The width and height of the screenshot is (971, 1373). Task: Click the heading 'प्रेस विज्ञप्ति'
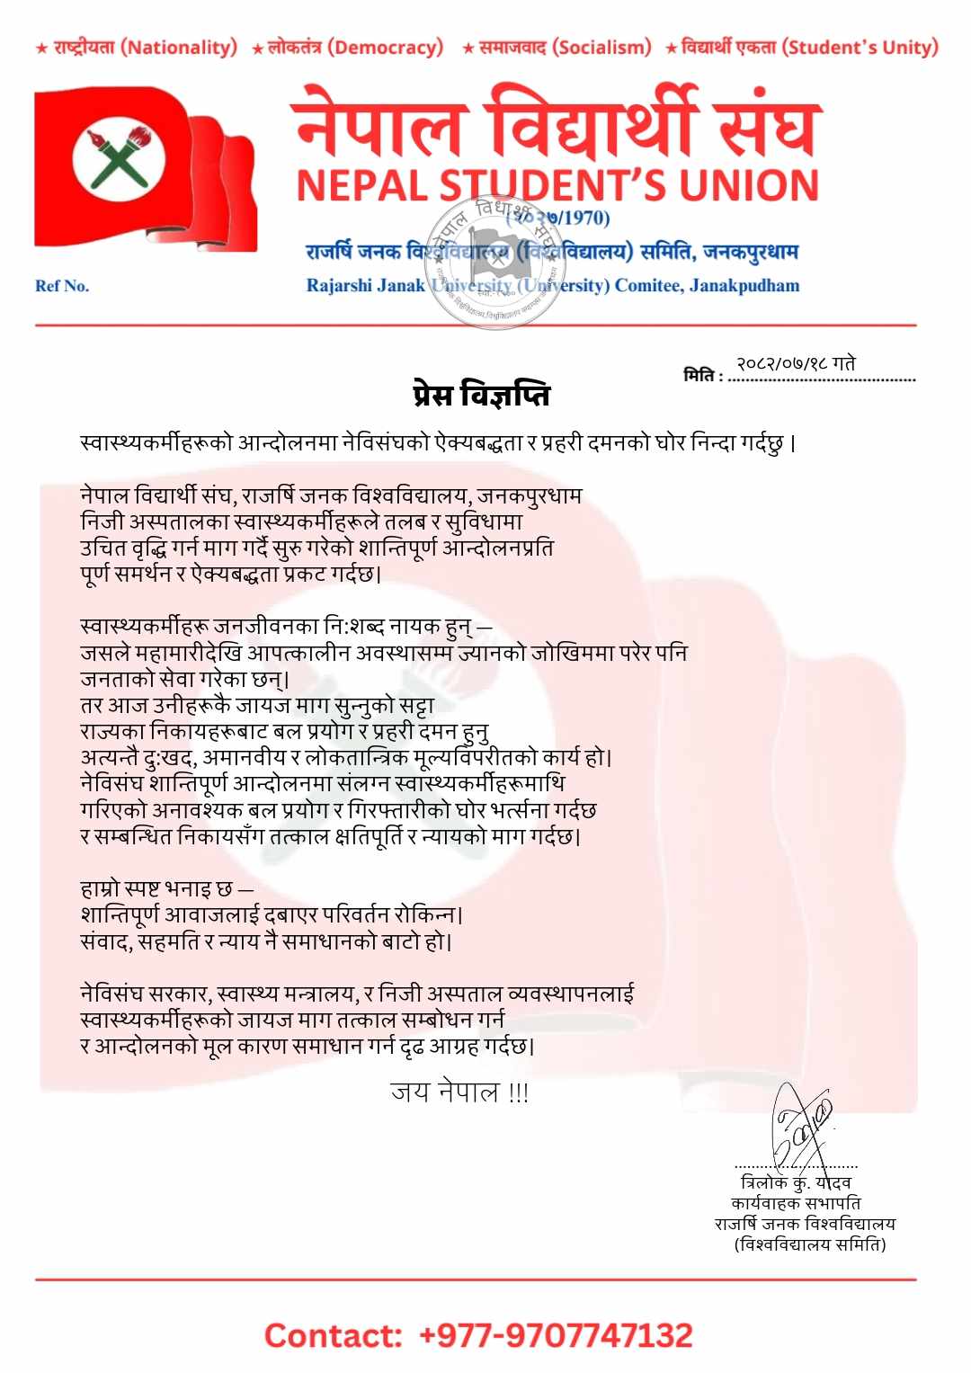click(x=482, y=395)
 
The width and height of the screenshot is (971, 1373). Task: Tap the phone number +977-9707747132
click(x=556, y=1335)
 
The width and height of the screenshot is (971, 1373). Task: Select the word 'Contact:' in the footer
click(x=333, y=1335)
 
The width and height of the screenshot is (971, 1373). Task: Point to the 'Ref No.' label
click(x=62, y=286)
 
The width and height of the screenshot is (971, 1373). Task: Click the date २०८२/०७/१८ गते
click(x=796, y=364)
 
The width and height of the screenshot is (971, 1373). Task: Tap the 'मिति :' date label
click(x=702, y=376)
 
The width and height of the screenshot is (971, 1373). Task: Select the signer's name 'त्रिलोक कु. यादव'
click(x=796, y=1182)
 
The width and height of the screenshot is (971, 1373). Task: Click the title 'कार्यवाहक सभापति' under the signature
click(x=796, y=1203)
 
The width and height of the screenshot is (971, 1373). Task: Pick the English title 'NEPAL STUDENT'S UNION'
click(x=557, y=185)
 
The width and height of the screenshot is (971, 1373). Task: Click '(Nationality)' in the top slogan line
click(x=179, y=48)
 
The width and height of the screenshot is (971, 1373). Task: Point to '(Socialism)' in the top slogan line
click(x=601, y=48)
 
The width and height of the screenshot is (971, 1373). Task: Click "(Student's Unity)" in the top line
click(x=860, y=48)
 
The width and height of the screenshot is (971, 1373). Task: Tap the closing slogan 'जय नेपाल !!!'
click(x=459, y=1092)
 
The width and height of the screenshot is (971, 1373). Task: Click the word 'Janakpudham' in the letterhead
click(x=744, y=286)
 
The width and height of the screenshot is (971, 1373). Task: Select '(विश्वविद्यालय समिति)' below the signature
click(x=809, y=1244)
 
